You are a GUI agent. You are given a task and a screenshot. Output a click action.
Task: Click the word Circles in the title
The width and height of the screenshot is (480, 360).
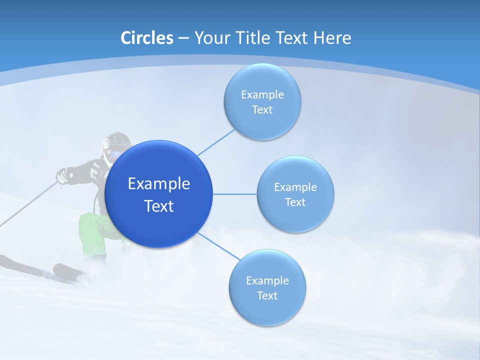(x=147, y=38)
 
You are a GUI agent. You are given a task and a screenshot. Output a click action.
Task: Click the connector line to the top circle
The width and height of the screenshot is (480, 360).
(x=216, y=142)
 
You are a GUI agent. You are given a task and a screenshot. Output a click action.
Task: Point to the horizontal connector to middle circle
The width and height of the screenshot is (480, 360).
(x=234, y=194)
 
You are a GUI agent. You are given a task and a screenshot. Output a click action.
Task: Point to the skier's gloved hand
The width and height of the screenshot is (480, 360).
(x=62, y=175)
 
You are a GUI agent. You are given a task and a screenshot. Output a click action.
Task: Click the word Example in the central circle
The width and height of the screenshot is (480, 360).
(x=159, y=184)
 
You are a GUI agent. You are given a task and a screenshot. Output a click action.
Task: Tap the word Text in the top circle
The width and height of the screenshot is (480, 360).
(x=262, y=110)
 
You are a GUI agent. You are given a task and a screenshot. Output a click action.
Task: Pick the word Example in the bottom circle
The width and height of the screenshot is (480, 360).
(x=267, y=281)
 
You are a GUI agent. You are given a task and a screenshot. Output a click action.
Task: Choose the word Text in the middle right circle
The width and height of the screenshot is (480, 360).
(x=295, y=202)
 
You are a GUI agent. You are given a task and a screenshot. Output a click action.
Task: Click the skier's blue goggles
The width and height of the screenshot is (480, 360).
(x=112, y=154)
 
